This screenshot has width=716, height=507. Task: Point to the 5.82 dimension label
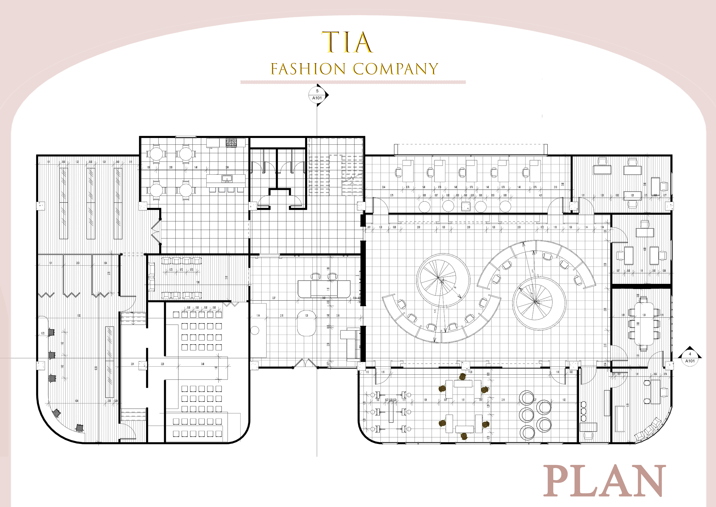(x=79, y=316)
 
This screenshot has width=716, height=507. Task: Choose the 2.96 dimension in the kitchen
(x=227, y=167)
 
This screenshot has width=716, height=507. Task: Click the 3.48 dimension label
(x=203, y=364)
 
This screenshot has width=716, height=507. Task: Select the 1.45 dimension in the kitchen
(x=196, y=167)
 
